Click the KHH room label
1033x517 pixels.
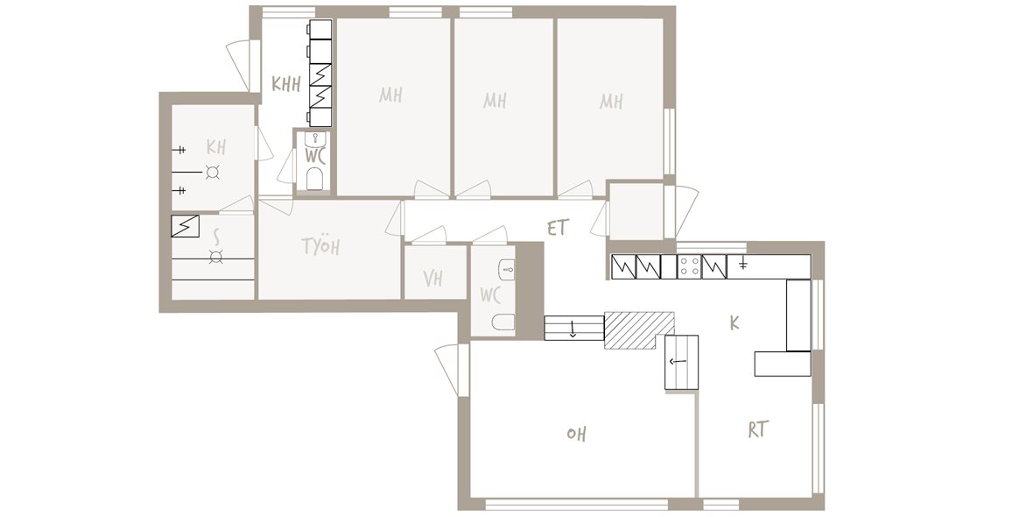coord(286,84)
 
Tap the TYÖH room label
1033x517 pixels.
coord(320,246)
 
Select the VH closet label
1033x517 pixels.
coord(432,279)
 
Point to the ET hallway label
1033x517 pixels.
coord(557,228)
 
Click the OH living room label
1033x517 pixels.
coord(576,434)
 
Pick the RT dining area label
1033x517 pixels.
coord(758,429)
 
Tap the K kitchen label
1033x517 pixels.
coord(734,323)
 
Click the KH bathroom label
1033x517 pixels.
coord(216,146)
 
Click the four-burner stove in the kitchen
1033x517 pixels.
coord(690,266)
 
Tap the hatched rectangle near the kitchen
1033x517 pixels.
coord(639,329)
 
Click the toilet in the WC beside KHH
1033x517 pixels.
coord(315,178)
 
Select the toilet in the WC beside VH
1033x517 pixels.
coord(502,322)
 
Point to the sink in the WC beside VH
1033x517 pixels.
coord(507,269)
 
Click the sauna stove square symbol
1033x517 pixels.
coord(185,225)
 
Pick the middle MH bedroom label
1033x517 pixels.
coord(495,100)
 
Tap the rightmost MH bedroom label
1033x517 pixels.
coord(611,101)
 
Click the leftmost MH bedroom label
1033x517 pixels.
coord(390,95)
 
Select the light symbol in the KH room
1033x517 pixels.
coord(212,172)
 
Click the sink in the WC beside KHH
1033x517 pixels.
coord(316,139)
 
